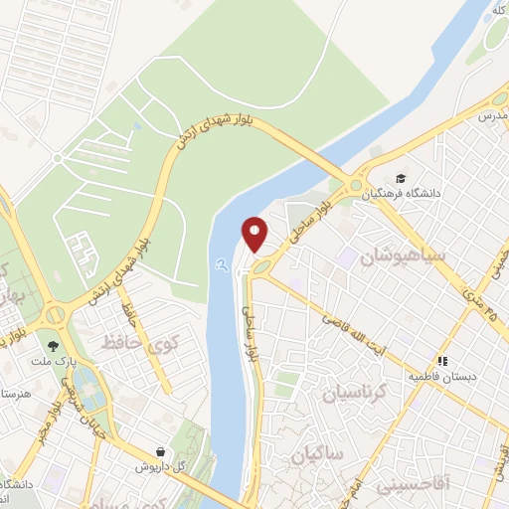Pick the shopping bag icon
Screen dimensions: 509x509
[x=160, y=450]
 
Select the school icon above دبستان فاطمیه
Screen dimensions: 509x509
[x=444, y=361]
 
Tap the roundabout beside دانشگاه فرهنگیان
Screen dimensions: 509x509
[x=356, y=184]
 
